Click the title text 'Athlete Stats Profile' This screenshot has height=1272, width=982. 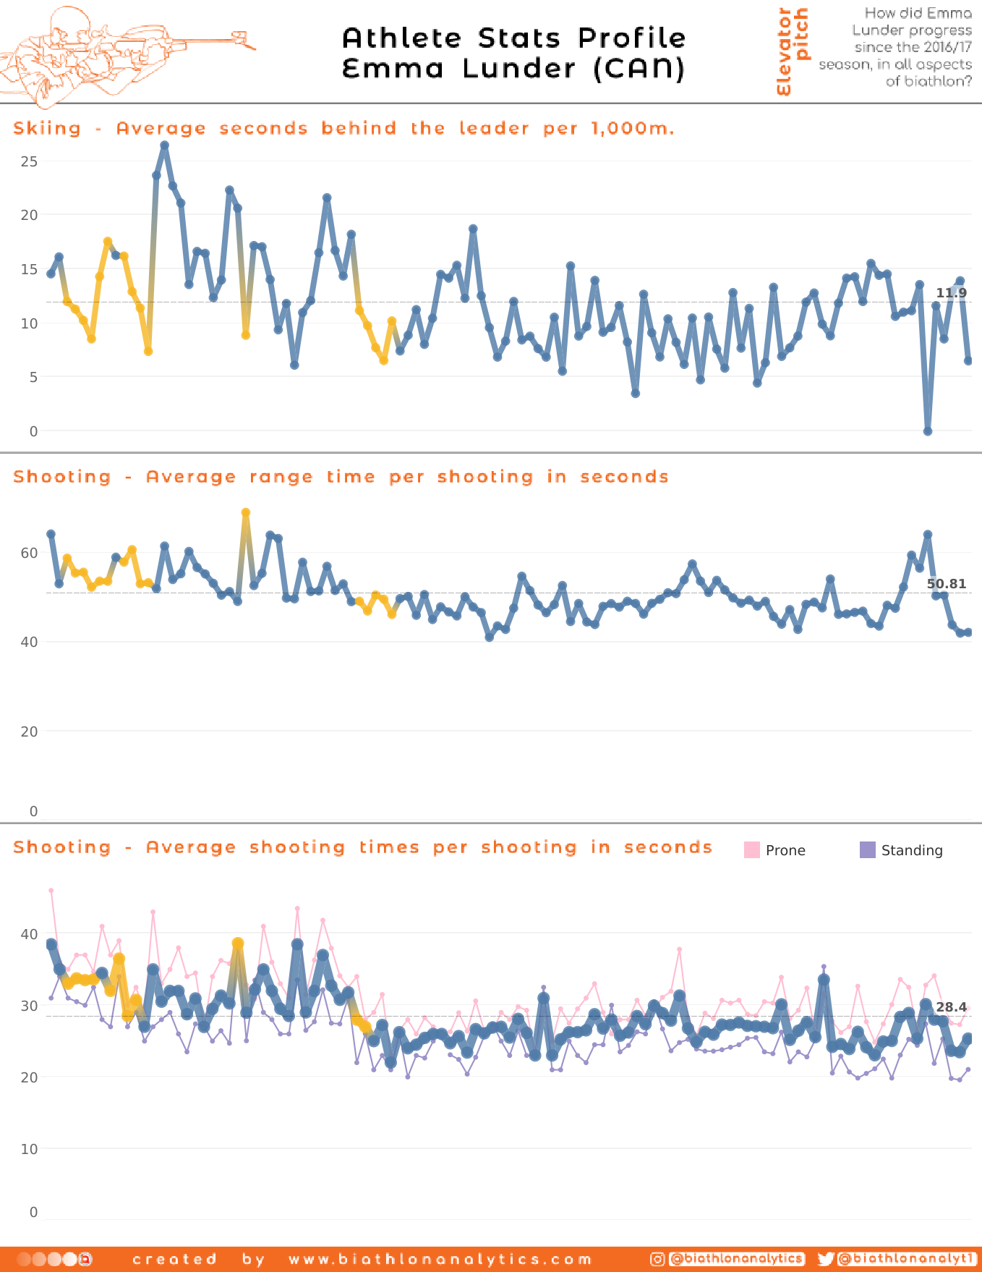513,38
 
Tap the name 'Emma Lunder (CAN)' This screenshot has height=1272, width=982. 513,69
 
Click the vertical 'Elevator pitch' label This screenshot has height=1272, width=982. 793,51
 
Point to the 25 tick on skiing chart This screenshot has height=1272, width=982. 29,161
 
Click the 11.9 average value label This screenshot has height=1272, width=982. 951,293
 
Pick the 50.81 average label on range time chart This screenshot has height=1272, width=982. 946,584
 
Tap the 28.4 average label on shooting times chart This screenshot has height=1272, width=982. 951,1007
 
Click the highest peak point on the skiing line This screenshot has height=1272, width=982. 164,145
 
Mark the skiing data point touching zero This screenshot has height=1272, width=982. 928,431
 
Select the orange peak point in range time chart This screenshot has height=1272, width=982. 246,513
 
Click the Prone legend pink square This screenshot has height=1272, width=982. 752,850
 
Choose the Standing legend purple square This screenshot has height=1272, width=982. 868,850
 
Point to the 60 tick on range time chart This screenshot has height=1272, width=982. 29,553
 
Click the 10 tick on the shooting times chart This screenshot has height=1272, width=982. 29,1149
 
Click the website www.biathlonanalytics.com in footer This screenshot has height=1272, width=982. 440,1260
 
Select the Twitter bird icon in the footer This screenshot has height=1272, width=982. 825,1259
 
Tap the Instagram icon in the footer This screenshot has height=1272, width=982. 657,1259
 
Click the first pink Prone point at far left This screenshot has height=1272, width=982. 51,891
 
